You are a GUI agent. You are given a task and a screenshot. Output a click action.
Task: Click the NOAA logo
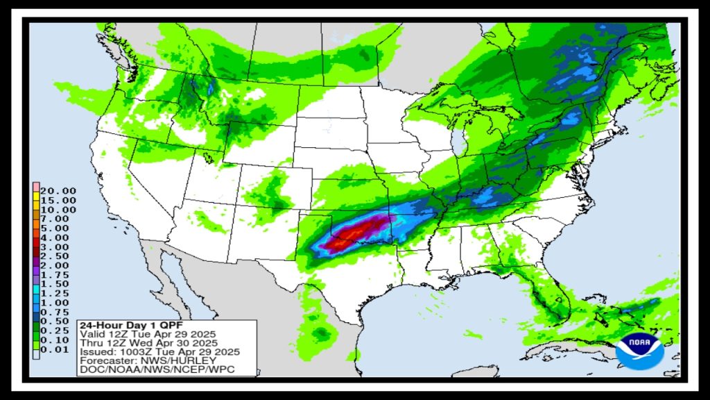640,350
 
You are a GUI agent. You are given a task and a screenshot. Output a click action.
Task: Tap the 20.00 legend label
59,190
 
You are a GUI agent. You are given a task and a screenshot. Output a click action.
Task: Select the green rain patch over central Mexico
320,333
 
